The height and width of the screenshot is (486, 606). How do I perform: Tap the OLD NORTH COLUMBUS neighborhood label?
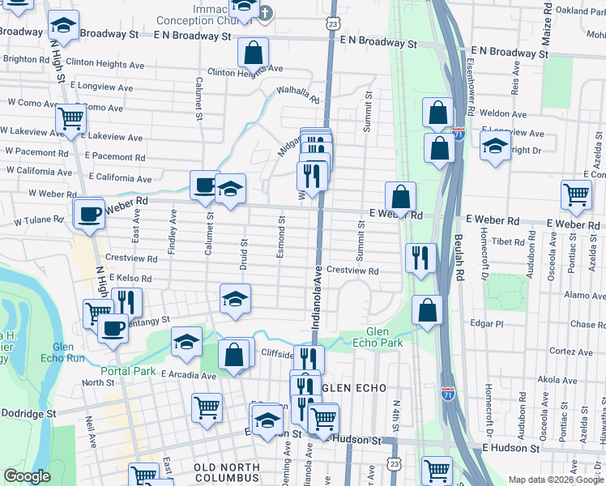pyautogui.click(x=227, y=467)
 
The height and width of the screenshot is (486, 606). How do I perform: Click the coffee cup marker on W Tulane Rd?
pyautogui.click(x=89, y=214)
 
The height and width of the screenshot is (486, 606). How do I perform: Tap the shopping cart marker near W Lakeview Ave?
pyautogui.click(x=71, y=118)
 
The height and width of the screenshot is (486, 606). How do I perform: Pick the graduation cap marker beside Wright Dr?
pyautogui.click(x=495, y=147)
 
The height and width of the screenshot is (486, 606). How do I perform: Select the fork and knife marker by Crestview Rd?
pyautogui.click(x=420, y=258)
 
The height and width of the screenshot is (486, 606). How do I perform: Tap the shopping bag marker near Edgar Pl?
pyautogui.click(x=428, y=309)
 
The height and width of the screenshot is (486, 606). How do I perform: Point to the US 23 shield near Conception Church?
pyautogui.click(x=333, y=25)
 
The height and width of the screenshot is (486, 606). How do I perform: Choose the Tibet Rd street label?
pyautogui.click(x=509, y=241)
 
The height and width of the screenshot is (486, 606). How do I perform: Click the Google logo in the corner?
pyautogui.click(x=27, y=476)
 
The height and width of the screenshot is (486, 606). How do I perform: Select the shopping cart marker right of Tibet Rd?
pyautogui.click(x=576, y=194)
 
